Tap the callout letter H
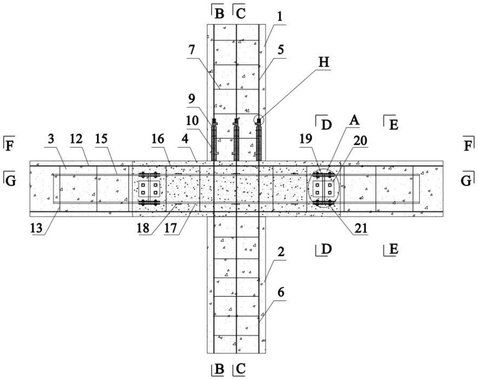click(323, 62)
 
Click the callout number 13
click(36, 228)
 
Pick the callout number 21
click(361, 228)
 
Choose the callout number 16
click(158, 139)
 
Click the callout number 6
click(281, 293)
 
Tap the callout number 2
click(281, 252)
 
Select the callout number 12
click(76, 139)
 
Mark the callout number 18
click(143, 228)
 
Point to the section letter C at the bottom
click(241, 369)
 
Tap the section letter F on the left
click(10, 146)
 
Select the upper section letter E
click(393, 125)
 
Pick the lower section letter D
click(326, 249)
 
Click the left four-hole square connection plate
click(149, 189)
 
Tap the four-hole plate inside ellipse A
click(323, 189)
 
